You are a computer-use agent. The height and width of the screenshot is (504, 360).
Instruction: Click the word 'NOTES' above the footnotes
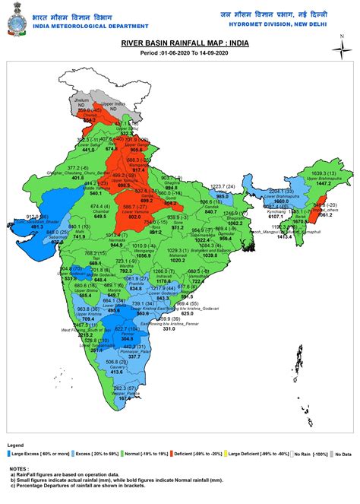tap(17, 469)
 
